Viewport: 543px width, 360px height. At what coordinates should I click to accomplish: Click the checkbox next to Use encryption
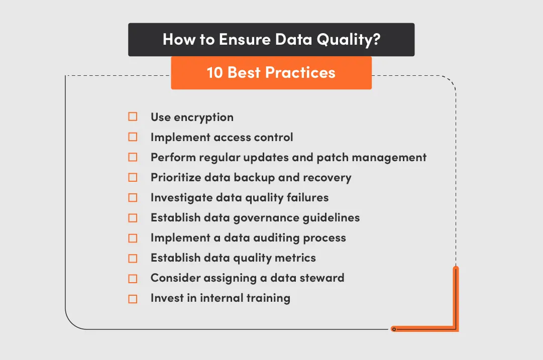point(133,117)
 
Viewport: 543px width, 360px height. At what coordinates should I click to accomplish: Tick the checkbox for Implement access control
point(133,137)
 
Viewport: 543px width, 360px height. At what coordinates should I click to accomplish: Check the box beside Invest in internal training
point(133,299)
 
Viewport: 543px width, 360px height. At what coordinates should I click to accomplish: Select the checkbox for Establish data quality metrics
point(133,259)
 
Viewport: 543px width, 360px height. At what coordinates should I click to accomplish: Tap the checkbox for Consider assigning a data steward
point(133,279)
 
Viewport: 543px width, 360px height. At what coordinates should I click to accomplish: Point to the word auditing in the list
point(267,238)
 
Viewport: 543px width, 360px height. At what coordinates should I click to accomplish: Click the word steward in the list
point(323,278)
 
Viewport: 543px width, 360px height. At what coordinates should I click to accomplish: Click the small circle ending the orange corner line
point(394,329)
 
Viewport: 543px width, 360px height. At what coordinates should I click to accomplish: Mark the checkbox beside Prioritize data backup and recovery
point(133,177)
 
